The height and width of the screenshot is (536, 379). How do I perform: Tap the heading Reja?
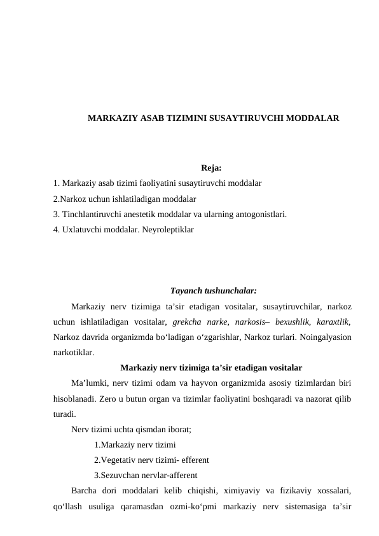(210, 169)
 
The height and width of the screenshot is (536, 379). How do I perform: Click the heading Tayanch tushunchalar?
(214, 292)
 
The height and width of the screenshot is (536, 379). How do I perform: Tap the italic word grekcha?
(188, 322)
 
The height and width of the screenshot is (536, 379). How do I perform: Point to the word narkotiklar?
(74, 352)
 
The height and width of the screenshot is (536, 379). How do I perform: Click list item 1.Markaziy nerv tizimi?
(135, 445)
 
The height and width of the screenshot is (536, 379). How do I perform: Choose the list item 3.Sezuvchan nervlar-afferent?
(145, 475)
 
